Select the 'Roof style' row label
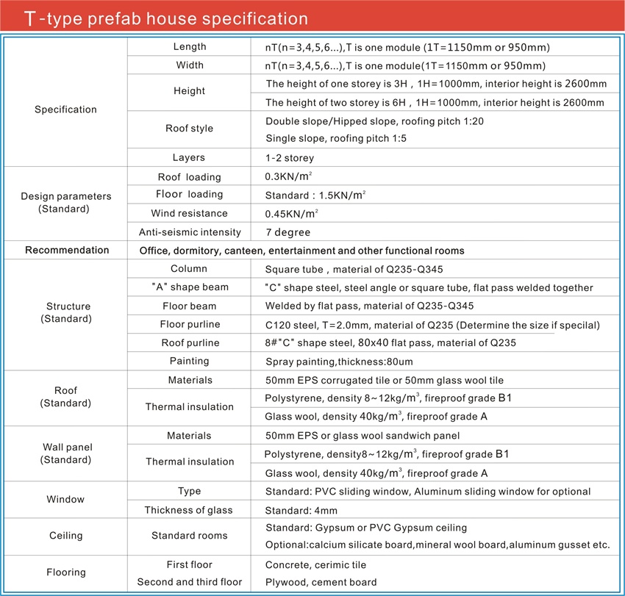coord(189,129)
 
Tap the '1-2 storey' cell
coord(289,158)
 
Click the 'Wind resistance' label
coord(189,214)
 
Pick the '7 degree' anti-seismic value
coord(287,232)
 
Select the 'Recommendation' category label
coord(67,251)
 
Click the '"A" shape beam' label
coord(189,287)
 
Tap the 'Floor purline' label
coord(190,324)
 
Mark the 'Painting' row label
coord(190,361)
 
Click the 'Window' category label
coord(65,500)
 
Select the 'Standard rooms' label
coord(189,536)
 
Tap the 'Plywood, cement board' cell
coord(321,583)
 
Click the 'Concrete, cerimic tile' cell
coord(315,565)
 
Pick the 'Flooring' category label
coord(65,572)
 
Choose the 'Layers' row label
coord(189,158)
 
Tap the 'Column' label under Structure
coord(189,269)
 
